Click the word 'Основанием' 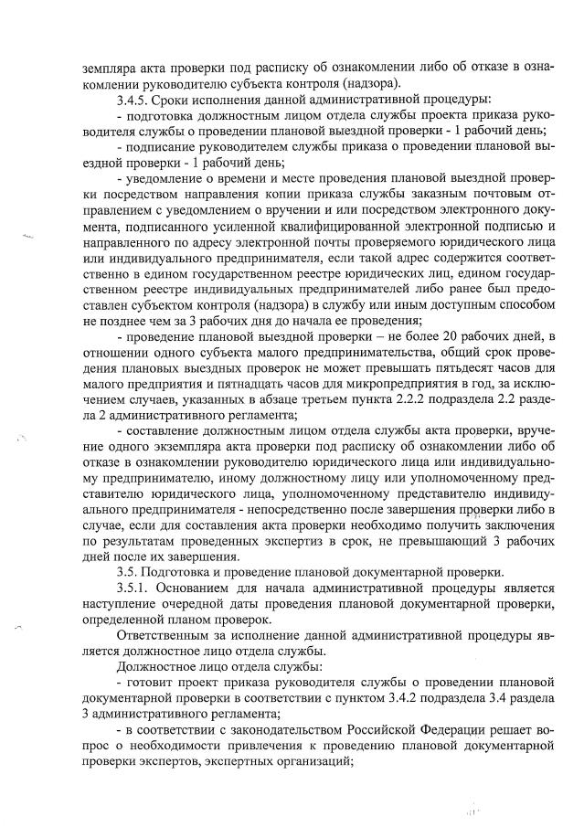click(209, 588)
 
